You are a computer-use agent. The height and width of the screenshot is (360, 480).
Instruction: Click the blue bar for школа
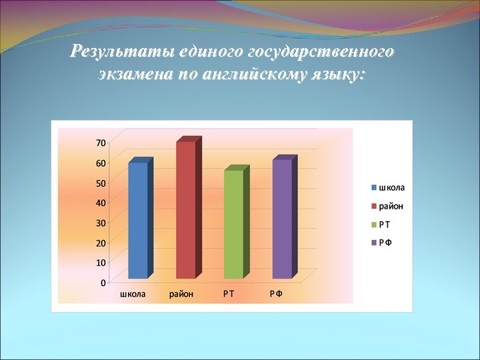click(x=138, y=220)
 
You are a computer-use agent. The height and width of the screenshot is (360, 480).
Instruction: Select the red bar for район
click(x=186, y=210)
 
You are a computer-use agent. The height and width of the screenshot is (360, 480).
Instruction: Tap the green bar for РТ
click(x=233, y=224)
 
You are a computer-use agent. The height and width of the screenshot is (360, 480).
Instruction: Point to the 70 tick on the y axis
click(x=101, y=142)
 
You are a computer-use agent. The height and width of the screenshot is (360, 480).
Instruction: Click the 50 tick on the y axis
click(x=101, y=183)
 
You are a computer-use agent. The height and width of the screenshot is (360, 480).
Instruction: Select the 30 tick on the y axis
click(x=101, y=223)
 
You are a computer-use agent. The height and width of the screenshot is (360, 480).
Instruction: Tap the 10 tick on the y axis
click(x=101, y=263)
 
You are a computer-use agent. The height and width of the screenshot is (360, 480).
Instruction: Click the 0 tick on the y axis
click(x=103, y=283)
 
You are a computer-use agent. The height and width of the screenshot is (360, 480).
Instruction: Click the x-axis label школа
click(x=133, y=294)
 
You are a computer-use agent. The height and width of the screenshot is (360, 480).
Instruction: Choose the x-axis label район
click(x=181, y=294)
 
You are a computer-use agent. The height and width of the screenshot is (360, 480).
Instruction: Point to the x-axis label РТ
click(x=229, y=294)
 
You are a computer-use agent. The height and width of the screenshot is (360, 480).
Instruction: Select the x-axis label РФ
click(x=276, y=294)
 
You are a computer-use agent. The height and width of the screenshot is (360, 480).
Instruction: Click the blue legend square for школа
click(x=375, y=187)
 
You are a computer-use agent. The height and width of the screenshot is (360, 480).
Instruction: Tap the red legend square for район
click(x=375, y=205)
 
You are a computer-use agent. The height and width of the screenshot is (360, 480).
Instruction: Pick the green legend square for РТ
click(x=375, y=224)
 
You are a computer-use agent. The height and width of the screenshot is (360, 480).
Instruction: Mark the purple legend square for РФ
click(x=375, y=242)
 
